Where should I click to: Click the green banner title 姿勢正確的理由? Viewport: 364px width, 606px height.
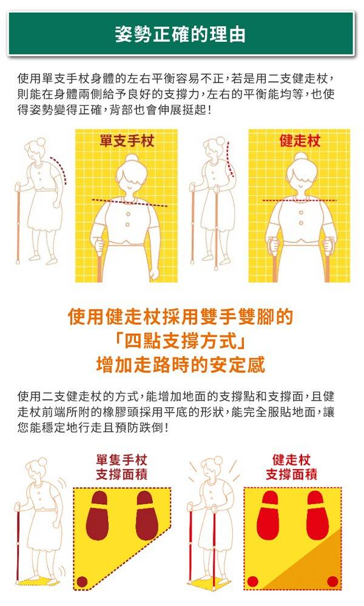180,34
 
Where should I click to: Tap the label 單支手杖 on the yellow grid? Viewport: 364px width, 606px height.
127,141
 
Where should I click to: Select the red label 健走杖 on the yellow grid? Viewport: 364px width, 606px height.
300,141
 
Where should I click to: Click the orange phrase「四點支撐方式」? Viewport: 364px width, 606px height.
181,341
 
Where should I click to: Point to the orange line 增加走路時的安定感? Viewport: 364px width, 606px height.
181,365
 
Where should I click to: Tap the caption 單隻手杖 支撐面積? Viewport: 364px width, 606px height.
121,467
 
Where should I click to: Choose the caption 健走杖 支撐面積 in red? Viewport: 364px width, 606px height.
291,467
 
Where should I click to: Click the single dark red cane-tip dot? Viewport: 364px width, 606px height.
82,581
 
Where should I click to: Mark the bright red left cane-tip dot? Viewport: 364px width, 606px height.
252,581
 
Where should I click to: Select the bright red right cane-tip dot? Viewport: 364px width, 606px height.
332,581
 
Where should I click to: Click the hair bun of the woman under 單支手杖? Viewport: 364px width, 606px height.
132,159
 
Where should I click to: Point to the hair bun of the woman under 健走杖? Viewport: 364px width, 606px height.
300,158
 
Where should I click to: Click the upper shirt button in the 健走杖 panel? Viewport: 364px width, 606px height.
301,213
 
